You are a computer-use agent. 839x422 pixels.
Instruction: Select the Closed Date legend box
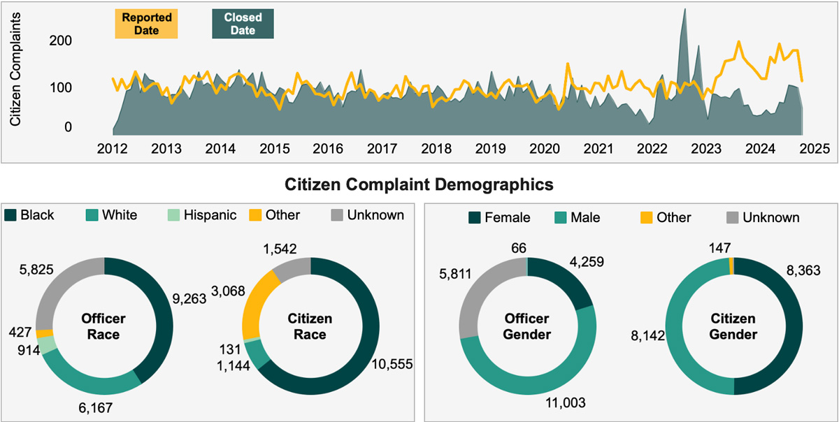click(244, 23)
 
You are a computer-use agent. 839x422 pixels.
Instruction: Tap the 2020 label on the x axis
click(543, 149)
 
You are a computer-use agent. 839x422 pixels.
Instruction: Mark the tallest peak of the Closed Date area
click(684, 10)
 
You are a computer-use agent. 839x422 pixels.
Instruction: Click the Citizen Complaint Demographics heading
click(419, 185)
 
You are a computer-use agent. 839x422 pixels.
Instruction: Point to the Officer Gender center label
click(528, 326)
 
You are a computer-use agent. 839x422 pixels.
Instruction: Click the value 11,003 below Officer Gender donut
click(566, 402)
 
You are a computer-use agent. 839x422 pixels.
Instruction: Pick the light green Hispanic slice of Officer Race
click(47, 344)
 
